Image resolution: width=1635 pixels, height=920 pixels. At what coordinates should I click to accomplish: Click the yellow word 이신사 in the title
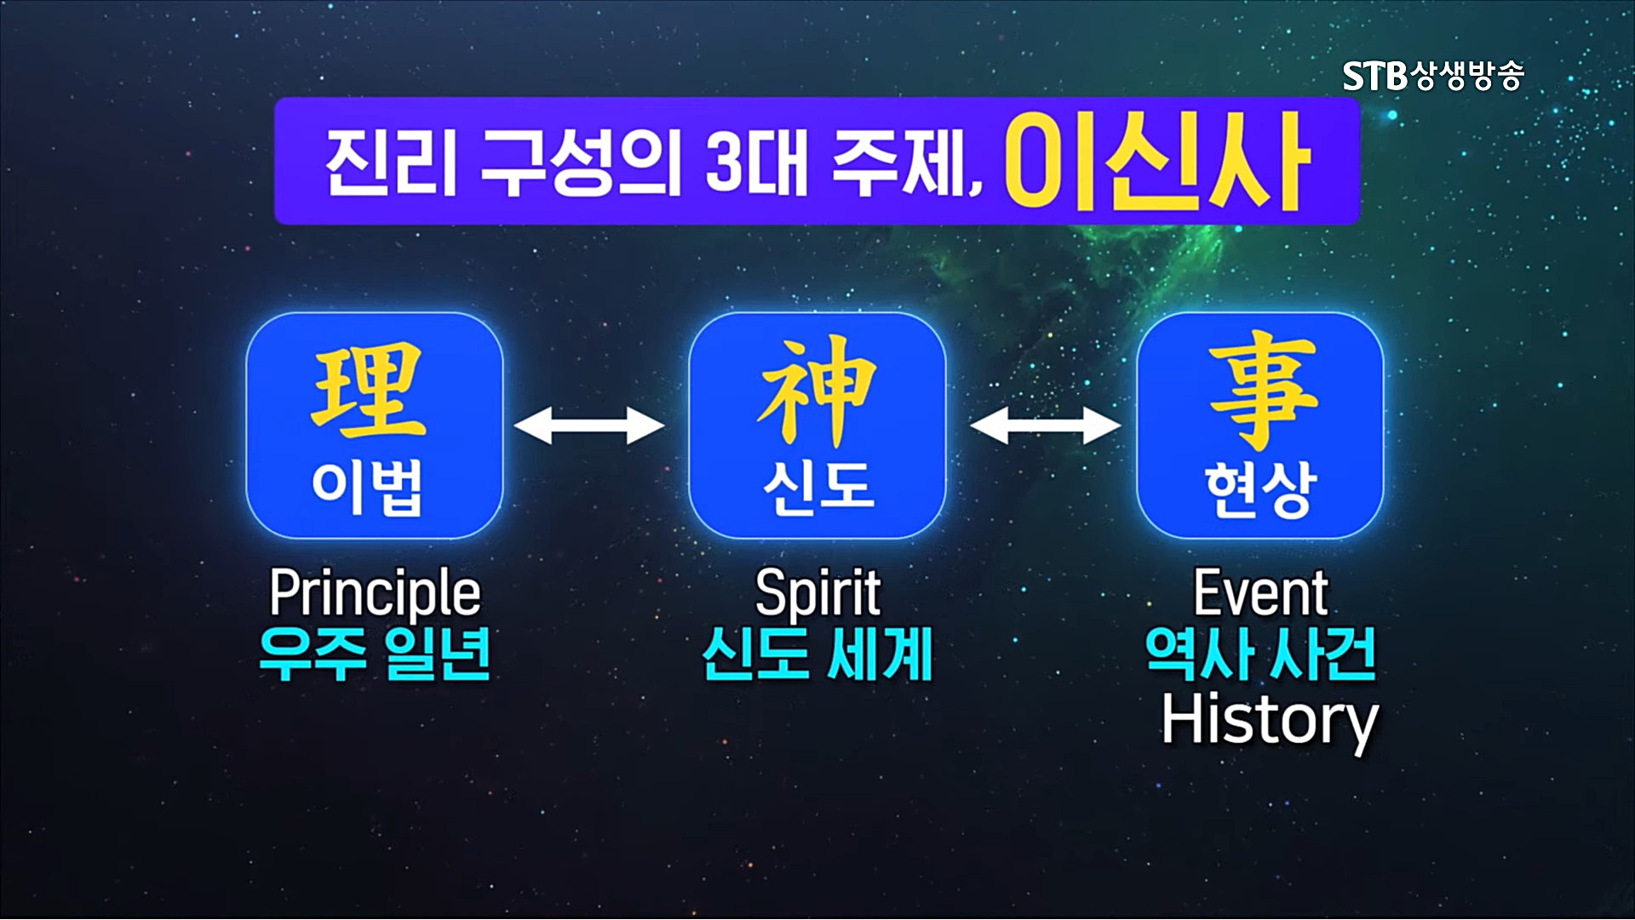coord(1156,162)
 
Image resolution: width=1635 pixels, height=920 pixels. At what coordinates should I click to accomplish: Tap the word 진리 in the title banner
coord(392,163)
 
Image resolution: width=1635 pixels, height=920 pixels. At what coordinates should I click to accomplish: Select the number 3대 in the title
coord(756,163)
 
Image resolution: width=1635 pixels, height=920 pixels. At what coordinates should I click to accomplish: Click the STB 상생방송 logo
coord(1433,76)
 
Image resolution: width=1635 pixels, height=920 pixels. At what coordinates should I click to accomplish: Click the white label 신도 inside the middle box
coord(817,487)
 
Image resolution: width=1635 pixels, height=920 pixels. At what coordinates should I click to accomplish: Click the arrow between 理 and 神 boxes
coord(589,425)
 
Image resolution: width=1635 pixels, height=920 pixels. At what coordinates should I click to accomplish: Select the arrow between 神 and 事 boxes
coord(1045,425)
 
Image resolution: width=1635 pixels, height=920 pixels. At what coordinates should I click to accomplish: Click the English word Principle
coord(375,593)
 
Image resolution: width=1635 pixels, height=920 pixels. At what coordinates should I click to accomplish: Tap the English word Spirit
coord(817,593)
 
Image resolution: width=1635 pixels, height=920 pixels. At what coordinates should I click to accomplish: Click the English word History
coord(1270,722)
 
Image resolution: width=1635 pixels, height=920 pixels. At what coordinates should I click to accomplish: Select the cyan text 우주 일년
coord(375,654)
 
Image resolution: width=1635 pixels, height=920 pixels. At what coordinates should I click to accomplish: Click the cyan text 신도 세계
coord(817,654)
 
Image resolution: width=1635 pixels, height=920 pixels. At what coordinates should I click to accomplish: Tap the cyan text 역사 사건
coord(1261,654)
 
